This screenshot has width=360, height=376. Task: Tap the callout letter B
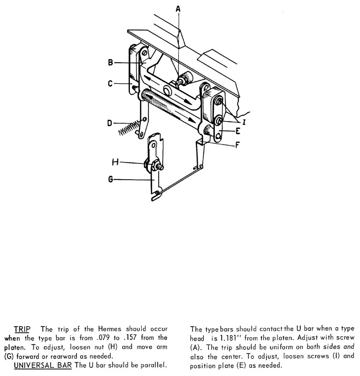click(x=111, y=63)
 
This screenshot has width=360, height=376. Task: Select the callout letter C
click(x=111, y=84)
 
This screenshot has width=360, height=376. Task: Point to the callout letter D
click(x=110, y=123)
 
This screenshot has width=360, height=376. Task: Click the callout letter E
click(x=238, y=131)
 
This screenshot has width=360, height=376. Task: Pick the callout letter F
click(x=237, y=146)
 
